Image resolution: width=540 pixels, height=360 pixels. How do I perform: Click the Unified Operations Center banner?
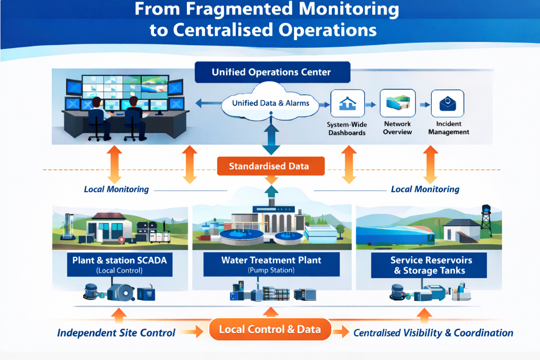pyautogui.click(x=272, y=72)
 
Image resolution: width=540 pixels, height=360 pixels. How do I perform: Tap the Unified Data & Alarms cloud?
pyautogui.click(x=270, y=103)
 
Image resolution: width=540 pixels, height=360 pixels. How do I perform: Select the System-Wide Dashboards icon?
pyautogui.click(x=347, y=103)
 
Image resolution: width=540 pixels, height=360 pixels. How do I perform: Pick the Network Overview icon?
pyautogui.click(x=398, y=103)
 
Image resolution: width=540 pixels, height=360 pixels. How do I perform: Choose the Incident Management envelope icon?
pyautogui.click(x=448, y=103)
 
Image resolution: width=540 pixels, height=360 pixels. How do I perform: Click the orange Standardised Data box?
pyautogui.click(x=271, y=166)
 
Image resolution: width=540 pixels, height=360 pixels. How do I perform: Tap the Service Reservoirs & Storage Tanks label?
pyautogui.click(x=429, y=265)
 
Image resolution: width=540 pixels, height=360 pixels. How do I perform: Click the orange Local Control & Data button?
pyautogui.click(x=270, y=329)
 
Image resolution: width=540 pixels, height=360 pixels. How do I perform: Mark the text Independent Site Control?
pyautogui.click(x=116, y=333)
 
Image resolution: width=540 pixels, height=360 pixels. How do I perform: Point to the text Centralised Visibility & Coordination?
pyautogui.click(x=433, y=333)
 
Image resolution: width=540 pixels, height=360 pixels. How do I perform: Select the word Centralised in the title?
pyautogui.click(x=223, y=30)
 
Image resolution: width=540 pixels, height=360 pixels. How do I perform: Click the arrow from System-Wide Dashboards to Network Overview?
pyautogui.click(x=371, y=104)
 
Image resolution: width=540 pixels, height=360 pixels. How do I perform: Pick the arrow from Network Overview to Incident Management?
pyautogui.click(x=425, y=104)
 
